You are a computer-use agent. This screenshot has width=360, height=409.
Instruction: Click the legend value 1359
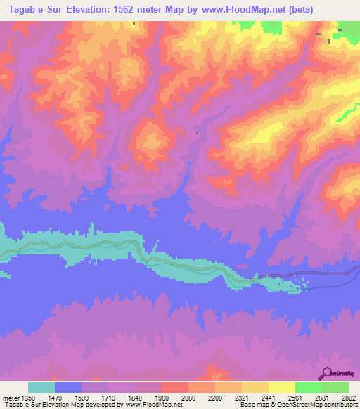(x=27, y=398)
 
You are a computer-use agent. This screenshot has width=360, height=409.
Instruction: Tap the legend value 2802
(x=349, y=398)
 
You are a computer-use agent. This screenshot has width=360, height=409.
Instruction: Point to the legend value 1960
(x=161, y=398)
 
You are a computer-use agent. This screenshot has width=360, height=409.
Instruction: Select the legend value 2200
(x=215, y=398)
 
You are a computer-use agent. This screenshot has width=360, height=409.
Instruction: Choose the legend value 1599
(x=82, y=398)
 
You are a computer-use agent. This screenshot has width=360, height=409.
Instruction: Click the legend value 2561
(x=295, y=398)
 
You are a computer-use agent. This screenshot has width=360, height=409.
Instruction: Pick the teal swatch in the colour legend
(x=41, y=387)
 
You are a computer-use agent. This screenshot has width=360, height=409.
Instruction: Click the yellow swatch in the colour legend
(x=281, y=387)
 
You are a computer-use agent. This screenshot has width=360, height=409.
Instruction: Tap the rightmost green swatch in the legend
(x=335, y=387)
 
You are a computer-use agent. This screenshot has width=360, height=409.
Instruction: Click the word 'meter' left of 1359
(x=10, y=398)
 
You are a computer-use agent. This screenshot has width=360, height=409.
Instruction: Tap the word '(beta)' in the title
(x=314, y=9)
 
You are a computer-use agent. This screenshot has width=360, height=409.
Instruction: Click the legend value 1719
(x=108, y=398)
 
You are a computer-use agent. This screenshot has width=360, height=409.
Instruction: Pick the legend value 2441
(x=269, y=398)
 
